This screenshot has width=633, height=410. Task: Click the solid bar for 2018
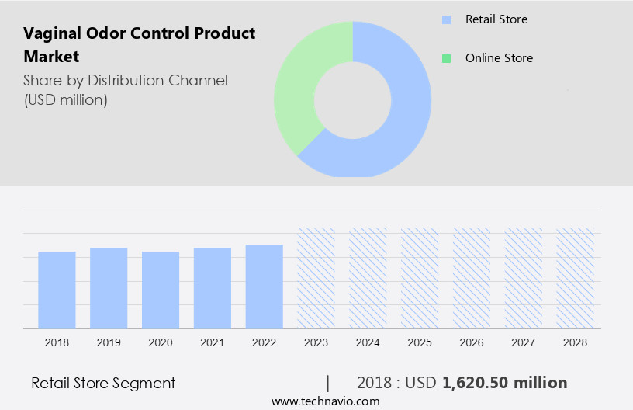point(57,290)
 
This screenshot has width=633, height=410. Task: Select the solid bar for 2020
point(161,290)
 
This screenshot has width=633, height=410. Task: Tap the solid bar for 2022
point(265,287)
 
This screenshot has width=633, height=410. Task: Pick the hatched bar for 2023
point(316,278)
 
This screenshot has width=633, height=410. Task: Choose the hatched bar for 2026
point(472,278)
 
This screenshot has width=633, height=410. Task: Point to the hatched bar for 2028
point(576,278)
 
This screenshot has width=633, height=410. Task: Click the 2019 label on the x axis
point(109,342)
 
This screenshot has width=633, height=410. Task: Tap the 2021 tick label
point(213,342)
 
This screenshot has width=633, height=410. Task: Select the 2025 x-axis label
point(420,342)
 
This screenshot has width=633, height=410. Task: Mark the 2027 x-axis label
point(524,342)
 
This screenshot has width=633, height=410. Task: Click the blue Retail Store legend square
point(446,19)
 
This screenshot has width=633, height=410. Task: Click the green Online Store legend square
point(446,58)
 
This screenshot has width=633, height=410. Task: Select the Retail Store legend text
point(496,19)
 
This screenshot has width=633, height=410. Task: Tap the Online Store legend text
point(499,58)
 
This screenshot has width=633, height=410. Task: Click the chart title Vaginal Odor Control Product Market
point(139,45)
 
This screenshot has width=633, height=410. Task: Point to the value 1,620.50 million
point(504,383)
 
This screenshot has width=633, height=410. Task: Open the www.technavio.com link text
point(325,401)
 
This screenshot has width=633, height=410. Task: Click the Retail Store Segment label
point(103,383)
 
